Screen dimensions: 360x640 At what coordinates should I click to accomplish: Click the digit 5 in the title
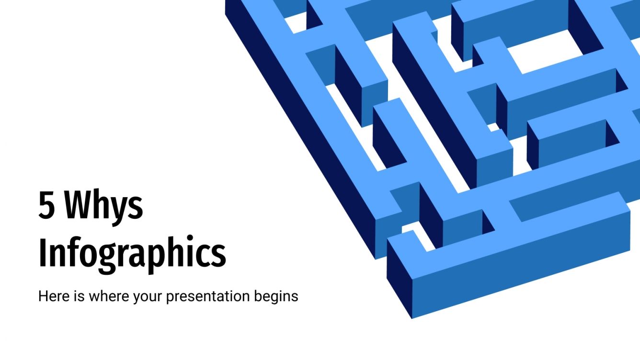(46, 206)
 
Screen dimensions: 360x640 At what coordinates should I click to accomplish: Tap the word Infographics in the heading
(132, 253)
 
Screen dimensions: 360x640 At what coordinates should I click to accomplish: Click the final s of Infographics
(218, 256)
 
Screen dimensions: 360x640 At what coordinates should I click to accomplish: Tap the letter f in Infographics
(72, 251)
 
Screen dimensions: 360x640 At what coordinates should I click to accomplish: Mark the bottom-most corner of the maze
(412, 318)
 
